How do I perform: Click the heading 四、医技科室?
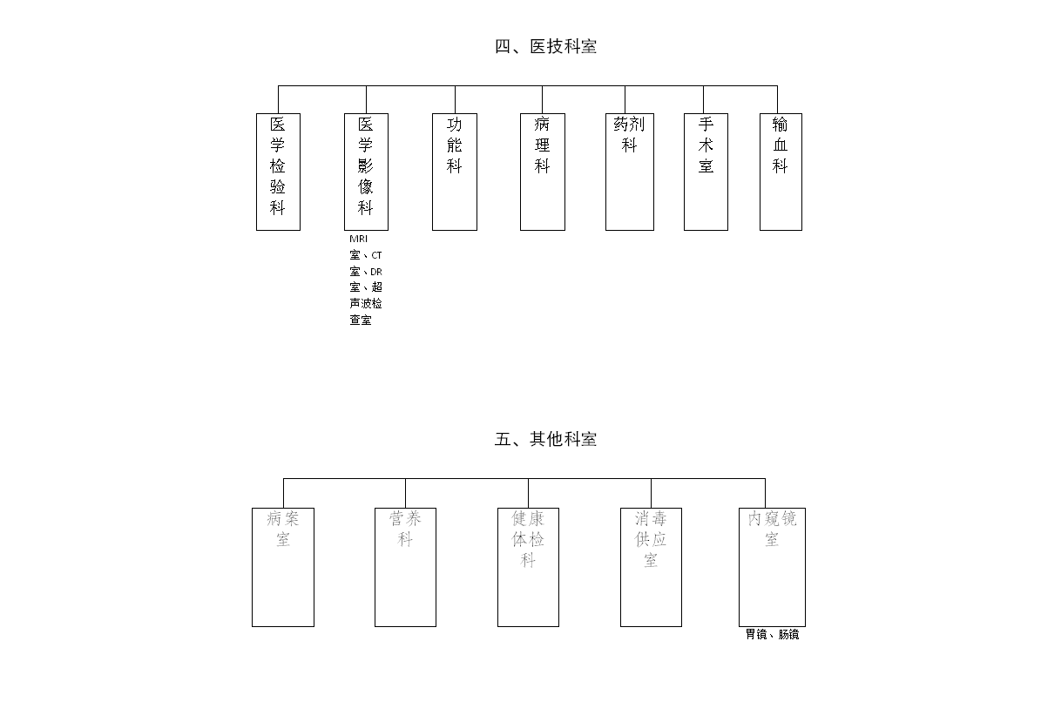point(545,46)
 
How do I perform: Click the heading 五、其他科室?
point(545,439)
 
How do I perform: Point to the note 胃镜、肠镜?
point(772,634)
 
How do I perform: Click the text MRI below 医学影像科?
point(359,239)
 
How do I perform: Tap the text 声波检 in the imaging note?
point(366,303)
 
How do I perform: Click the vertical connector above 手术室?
point(704,99)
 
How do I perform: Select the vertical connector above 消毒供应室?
point(652,494)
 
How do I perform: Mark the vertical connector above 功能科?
point(455,99)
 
